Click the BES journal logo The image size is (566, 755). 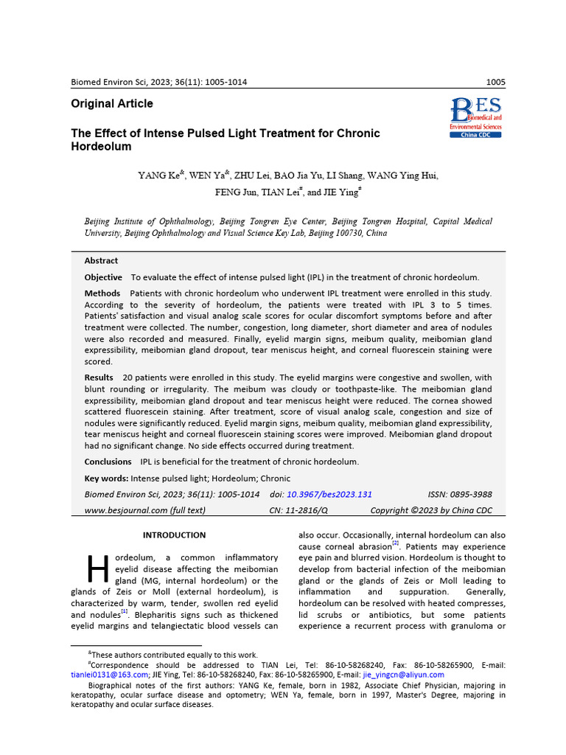pos(475,117)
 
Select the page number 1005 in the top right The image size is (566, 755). pos(496,82)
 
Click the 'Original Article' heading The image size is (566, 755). pos(112,104)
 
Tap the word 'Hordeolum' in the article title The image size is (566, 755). pos(101,147)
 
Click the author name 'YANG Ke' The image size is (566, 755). pos(158,175)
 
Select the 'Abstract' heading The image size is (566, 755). pos(101,261)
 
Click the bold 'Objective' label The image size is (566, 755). pos(103,277)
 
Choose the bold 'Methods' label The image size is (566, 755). pos(102,293)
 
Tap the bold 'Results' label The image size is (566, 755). pos(99,377)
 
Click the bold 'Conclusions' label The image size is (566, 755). pos(108,462)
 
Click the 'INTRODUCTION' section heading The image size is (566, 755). pos(174,535)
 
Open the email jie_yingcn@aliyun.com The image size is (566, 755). pos(403,675)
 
